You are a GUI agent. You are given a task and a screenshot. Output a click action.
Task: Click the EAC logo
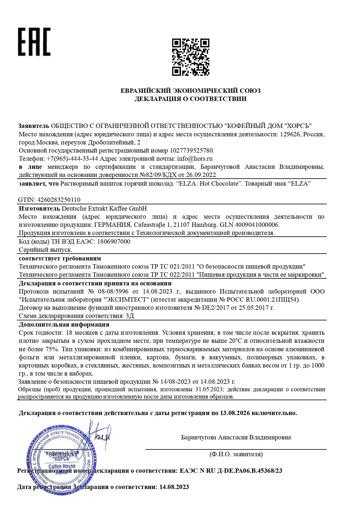[x=34, y=42]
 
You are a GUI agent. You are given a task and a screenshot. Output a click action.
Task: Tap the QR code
[x=190, y=57]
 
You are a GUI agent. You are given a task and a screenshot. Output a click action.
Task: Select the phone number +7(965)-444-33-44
[x=72, y=159]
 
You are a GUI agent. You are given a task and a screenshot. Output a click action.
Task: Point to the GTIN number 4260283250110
[x=59, y=200]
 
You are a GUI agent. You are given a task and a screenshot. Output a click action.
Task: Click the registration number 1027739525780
[x=192, y=151]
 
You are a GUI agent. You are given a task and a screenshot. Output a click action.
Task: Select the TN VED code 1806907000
[x=114, y=242]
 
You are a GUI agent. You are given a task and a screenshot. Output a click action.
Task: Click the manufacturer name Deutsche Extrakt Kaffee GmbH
[x=104, y=209]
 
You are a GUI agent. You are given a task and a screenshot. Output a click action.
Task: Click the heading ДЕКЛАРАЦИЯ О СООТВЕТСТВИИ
[x=190, y=99]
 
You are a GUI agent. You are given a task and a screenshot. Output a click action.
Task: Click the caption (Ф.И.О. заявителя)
[x=236, y=454]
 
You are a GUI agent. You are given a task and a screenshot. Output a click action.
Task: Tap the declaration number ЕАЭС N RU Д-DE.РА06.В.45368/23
[x=231, y=471]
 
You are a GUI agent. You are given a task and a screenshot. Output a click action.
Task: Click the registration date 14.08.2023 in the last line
[x=174, y=487]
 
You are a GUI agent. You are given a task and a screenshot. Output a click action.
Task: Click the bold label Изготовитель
[x=39, y=209]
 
